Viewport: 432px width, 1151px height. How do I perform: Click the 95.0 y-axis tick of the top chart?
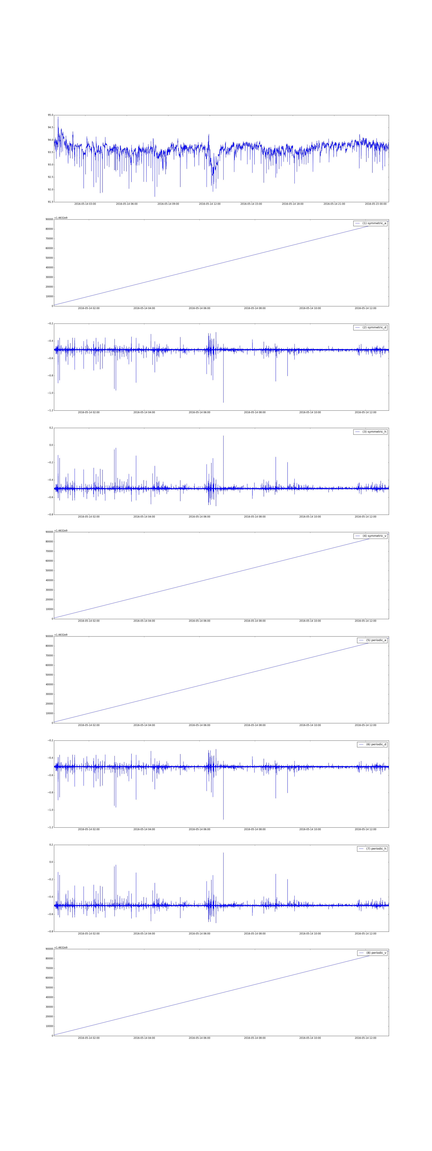point(50,115)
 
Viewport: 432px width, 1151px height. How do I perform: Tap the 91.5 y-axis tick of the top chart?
point(50,202)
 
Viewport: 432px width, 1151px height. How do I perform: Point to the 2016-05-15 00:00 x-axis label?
point(376,204)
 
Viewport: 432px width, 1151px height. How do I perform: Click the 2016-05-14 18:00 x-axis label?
point(292,204)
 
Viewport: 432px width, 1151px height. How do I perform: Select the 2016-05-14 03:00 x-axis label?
point(85,204)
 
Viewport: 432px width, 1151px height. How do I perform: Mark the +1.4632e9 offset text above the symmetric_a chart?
point(61,218)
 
